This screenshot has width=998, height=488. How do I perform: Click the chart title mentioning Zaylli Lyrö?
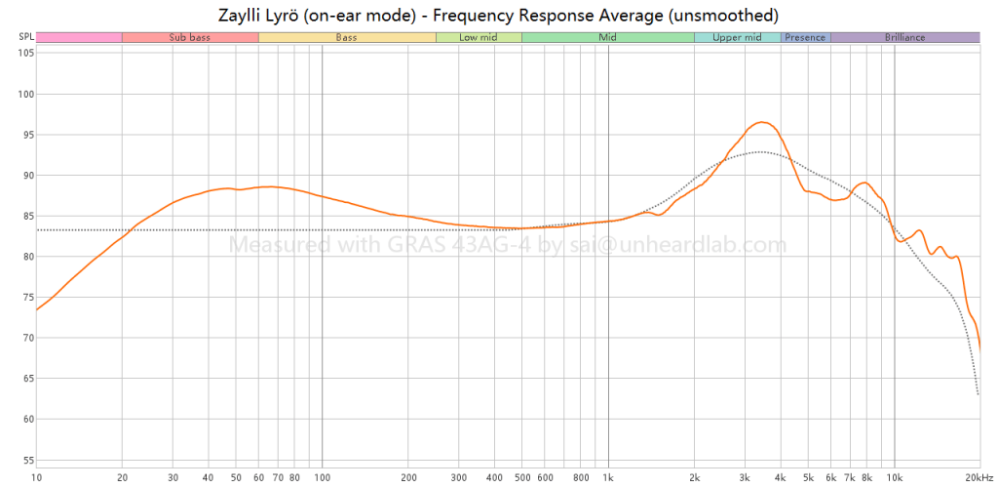(498, 15)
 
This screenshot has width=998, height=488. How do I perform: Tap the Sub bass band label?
(189, 37)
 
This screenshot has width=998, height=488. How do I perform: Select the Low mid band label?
(479, 37)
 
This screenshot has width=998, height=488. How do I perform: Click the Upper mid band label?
(737, 37)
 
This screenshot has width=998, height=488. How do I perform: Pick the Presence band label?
(805, 37)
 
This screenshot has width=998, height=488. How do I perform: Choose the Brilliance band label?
(904, 37)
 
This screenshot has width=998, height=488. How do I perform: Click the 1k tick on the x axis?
(608, 477)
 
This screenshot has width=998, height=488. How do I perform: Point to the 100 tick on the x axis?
(322, 477)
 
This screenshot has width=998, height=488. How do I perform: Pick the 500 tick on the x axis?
(521, 477)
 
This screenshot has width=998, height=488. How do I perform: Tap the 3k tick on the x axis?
(745, 477)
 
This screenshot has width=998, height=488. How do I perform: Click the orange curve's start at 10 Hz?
(37, 309)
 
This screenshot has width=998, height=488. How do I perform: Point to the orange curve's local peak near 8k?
(864, 182)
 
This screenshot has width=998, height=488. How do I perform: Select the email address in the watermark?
(683, 244)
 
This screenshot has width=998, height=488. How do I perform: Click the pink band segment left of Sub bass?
(79, 37)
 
